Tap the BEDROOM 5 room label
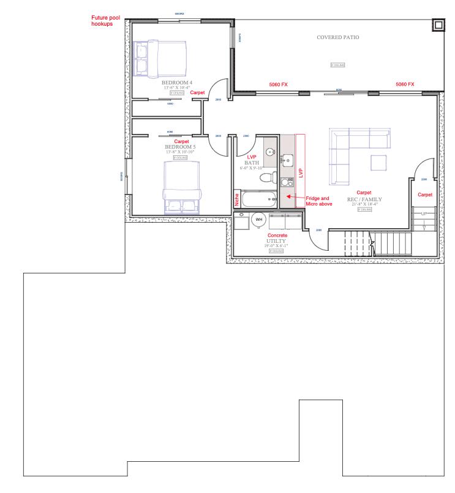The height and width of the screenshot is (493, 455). point(179,147)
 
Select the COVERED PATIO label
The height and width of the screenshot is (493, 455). point(337,37)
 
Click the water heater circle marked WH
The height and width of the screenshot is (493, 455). point(258,219)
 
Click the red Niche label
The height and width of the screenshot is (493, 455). point(237,199)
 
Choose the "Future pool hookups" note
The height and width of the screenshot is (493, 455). point(106,21)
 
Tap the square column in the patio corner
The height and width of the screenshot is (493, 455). point(438,25)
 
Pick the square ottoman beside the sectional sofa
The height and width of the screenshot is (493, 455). point(379,163)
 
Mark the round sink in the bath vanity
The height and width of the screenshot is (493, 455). point(271,150)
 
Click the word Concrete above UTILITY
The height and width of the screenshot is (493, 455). point(277,235)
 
